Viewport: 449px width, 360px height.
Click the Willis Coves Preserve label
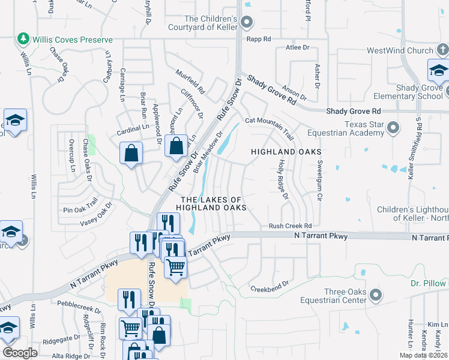(x=72, y=40)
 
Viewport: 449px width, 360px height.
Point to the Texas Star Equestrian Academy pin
(x=393, y=127)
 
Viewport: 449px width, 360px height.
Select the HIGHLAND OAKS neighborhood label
(x=286, y=152)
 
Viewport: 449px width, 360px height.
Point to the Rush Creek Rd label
(x=291, y=226)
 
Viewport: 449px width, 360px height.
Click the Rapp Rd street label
(x=259, y=38)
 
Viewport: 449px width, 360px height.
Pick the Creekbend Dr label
(x=270, y=284)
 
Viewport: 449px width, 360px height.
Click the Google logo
(x=20, y=352)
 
